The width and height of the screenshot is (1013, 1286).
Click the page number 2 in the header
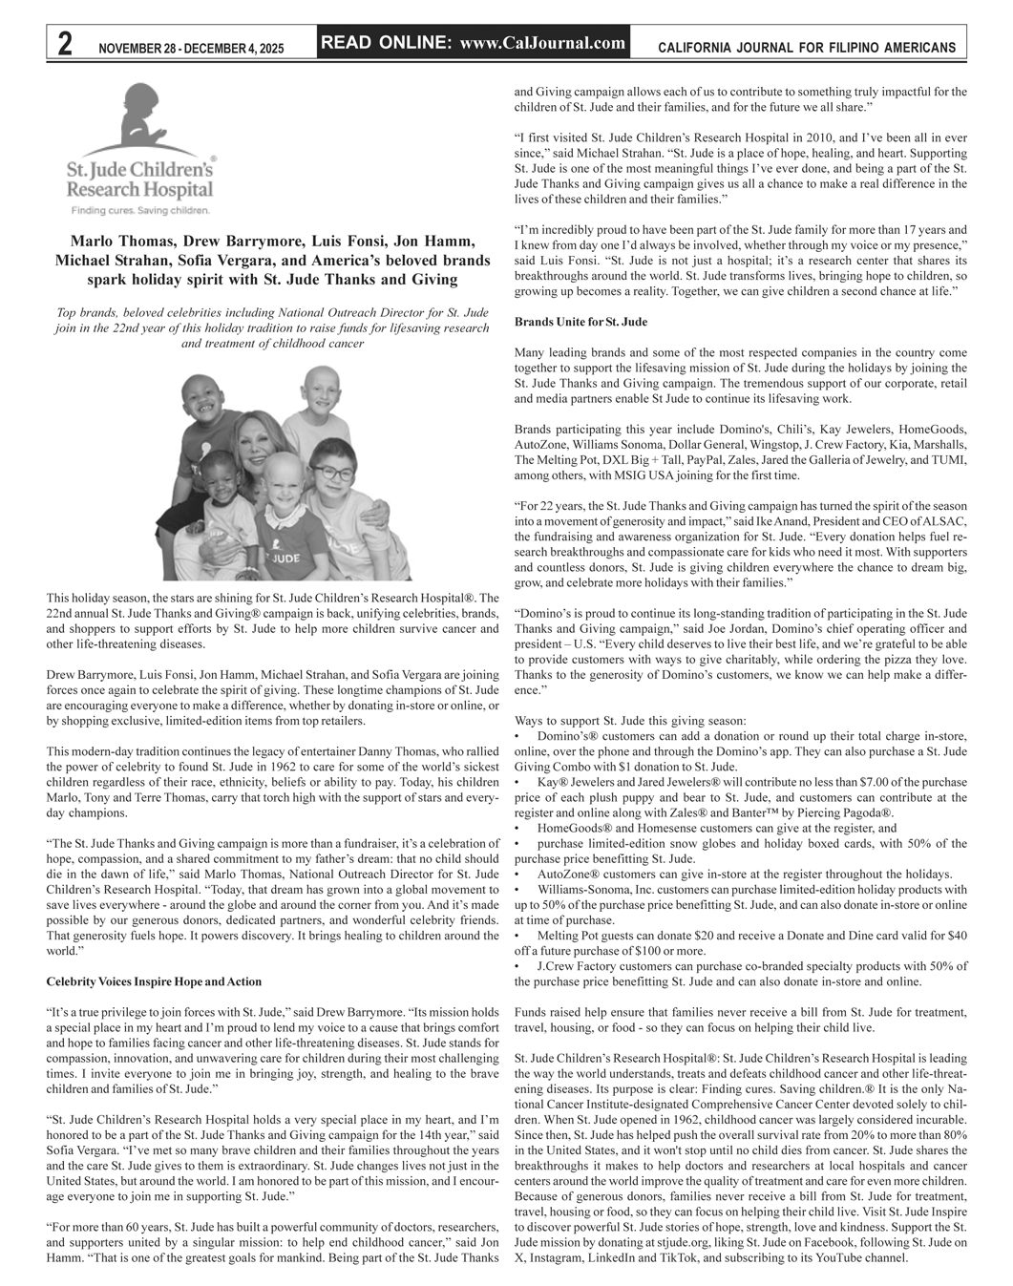tap(64, 44)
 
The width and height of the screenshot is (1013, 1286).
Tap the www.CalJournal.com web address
tap(542, 42)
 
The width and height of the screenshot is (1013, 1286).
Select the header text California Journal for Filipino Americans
tap(807, 48)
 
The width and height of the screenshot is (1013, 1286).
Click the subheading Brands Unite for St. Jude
tap(580, 322)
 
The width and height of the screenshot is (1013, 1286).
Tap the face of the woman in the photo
tap(254, 442)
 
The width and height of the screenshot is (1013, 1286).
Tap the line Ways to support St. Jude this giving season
tap(630, 721)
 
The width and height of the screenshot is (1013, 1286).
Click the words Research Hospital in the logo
tap(139, 189)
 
